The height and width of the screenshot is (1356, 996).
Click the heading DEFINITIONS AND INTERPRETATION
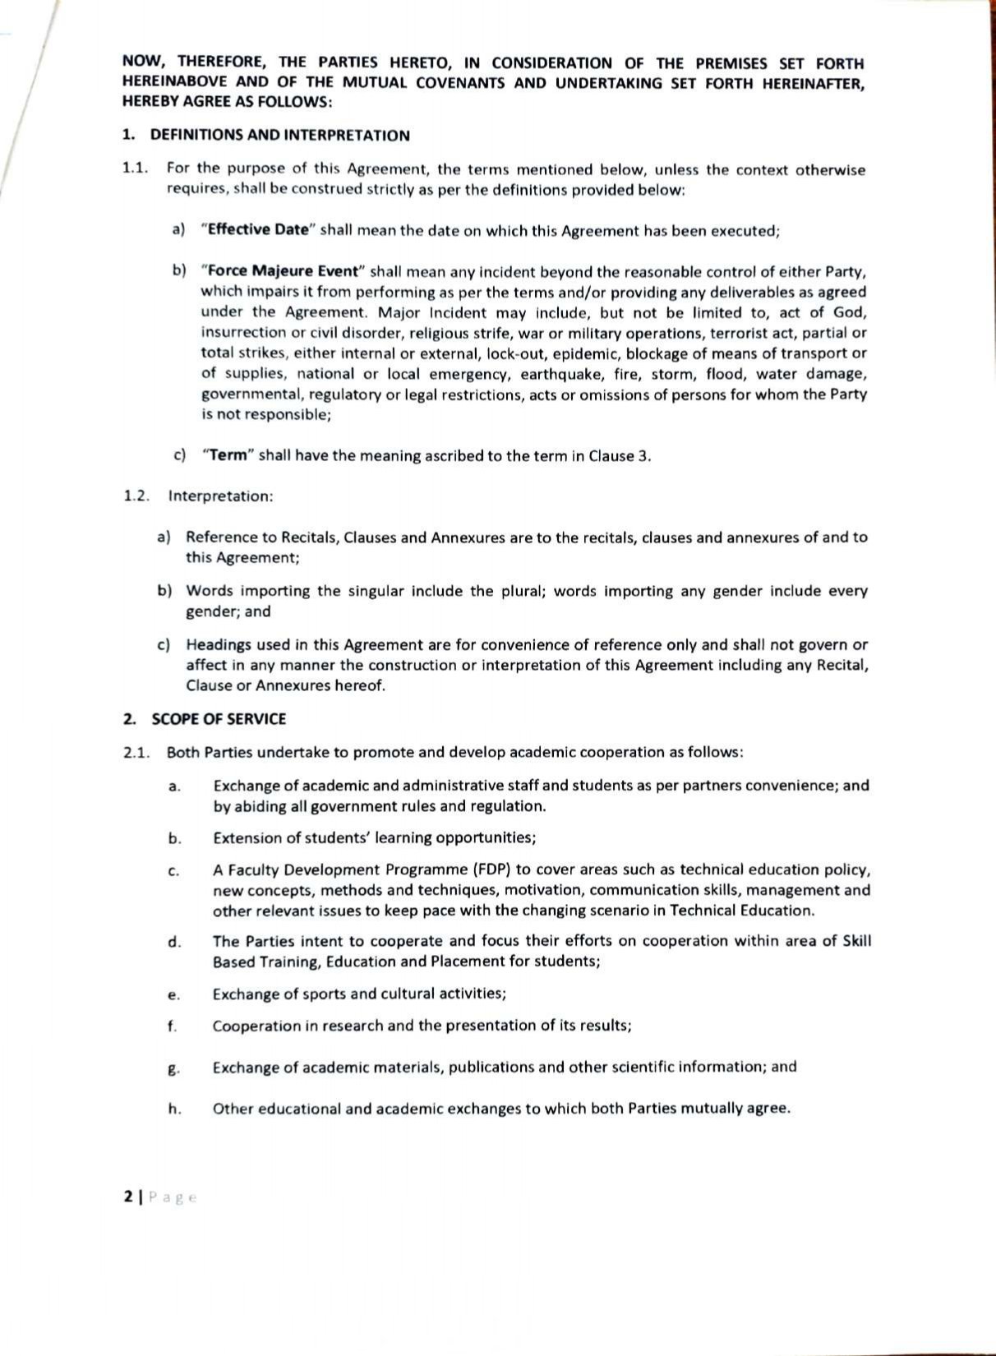279,136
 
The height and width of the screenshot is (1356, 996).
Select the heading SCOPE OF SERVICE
219,719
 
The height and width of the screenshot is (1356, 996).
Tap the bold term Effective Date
257,230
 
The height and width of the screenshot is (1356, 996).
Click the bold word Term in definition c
228,455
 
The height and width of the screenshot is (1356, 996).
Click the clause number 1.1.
136,169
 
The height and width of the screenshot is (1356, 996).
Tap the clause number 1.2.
136,496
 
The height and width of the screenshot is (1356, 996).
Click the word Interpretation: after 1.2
220,496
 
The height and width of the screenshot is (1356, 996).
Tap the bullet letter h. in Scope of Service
174,1109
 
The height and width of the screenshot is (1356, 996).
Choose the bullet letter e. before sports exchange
173,994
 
